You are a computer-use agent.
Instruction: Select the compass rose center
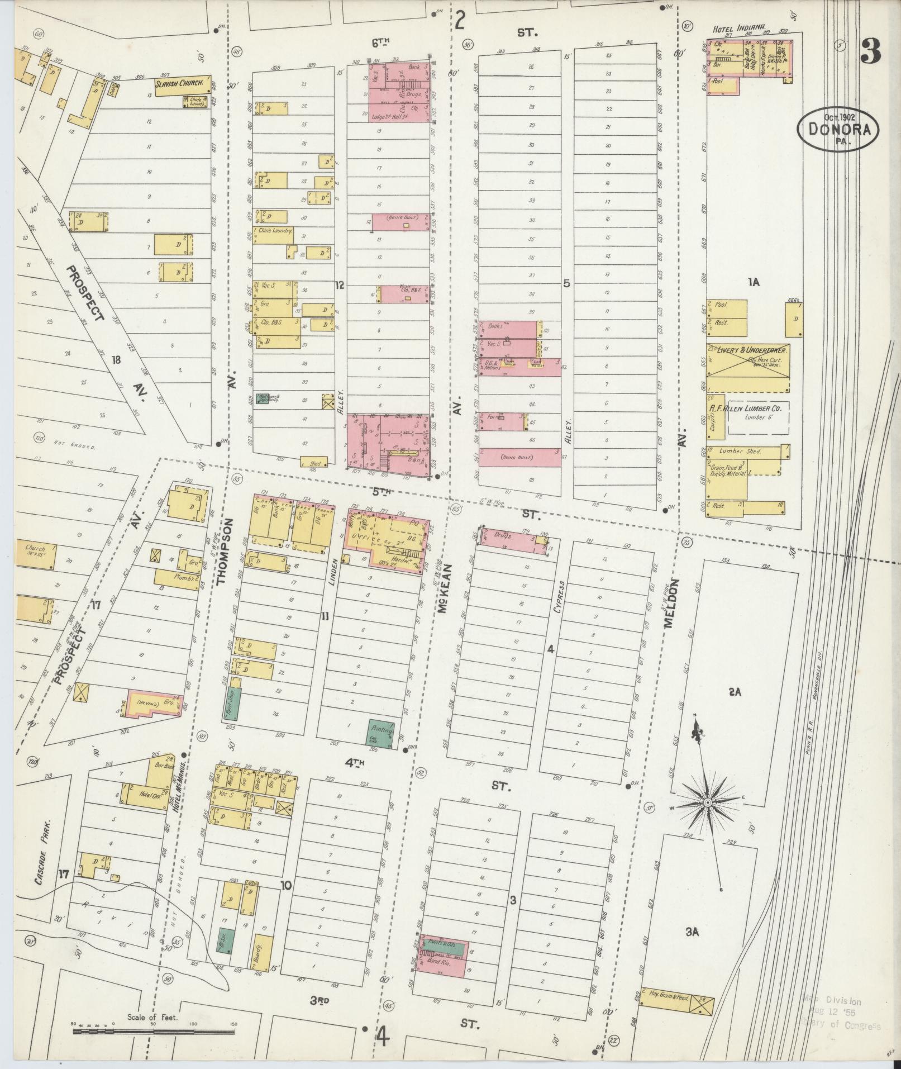(x=707, y=802)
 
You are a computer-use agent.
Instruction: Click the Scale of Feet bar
(x=153, y=1030)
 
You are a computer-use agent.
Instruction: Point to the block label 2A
(x=734, y=692)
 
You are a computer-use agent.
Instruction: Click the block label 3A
(x=693, y=932)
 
